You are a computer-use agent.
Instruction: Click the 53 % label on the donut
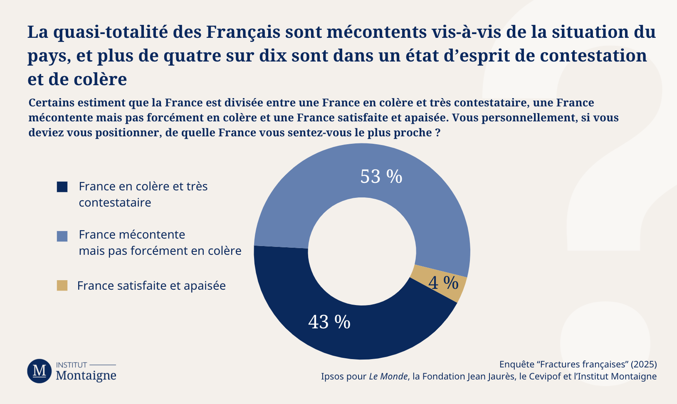tap(381, 177)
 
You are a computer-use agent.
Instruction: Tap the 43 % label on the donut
tap(329, 322)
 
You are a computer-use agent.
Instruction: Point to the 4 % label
tap(443, 283)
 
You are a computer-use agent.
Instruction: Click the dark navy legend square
tap(62, 187)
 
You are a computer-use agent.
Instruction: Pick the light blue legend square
tap(62, 236)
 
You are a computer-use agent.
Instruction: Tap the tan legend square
tap(62, 286)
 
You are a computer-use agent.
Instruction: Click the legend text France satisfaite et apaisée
tap(151, 286)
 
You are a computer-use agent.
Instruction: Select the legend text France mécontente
tap(132, 235)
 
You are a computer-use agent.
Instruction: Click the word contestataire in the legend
tap(115, 203)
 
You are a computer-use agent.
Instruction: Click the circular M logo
tap(40, 371)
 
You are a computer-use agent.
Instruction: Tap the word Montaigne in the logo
tap(86, 376)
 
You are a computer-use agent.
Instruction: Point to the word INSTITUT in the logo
tap(72, 365)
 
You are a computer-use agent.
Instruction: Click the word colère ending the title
tap(101, 80)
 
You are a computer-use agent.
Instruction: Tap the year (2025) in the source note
tap(643, 365)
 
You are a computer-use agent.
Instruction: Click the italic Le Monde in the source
tap(388, 377)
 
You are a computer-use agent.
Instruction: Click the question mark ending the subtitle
tap(437, 133)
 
